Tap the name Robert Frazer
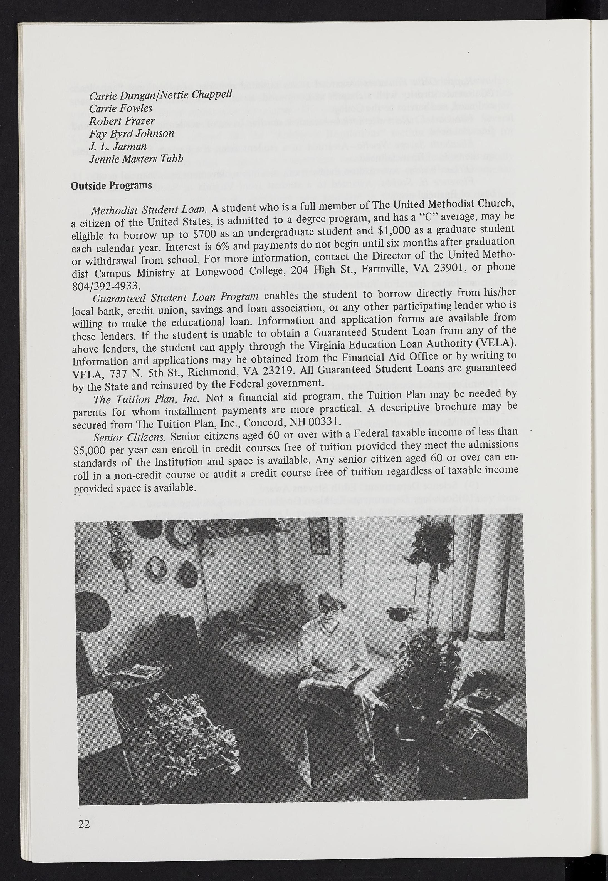point(122,121)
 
